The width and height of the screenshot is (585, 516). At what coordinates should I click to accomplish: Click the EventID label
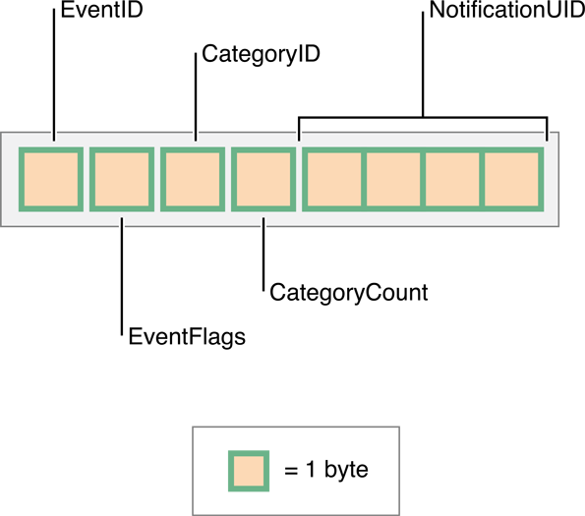click(102, 10)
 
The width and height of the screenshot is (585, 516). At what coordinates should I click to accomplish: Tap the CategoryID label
click(261, 54)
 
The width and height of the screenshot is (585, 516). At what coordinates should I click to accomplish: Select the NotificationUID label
click(507, 10)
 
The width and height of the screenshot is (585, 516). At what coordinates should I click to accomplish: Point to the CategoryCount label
click(349, 293)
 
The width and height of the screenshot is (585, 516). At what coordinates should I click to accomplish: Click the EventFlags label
click(187, 337)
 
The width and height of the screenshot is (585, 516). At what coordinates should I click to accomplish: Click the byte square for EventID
click(51, 179)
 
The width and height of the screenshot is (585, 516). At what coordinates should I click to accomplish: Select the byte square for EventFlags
click(122, 179)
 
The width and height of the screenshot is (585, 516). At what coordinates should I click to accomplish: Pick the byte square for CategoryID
click(193, 179)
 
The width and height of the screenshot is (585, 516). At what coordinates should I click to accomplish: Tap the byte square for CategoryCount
click(263, 179)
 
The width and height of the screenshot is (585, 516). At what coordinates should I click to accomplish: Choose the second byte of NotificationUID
click(393, 179)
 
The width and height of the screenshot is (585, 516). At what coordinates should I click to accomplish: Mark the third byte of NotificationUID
click(452, 179)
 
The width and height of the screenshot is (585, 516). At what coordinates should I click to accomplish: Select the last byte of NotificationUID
click(511, 179)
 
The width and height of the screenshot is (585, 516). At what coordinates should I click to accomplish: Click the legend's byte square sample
click(249, 471)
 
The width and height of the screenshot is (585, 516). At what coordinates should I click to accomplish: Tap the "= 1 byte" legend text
click(326, 470)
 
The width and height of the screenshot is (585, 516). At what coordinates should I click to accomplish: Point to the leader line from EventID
click(54, 75)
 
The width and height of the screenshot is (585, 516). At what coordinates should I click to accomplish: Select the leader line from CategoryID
click(196, 97)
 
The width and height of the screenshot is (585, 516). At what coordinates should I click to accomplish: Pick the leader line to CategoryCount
click(263, 255)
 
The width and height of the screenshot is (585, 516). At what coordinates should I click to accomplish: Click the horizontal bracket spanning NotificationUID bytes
click(423, 118)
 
